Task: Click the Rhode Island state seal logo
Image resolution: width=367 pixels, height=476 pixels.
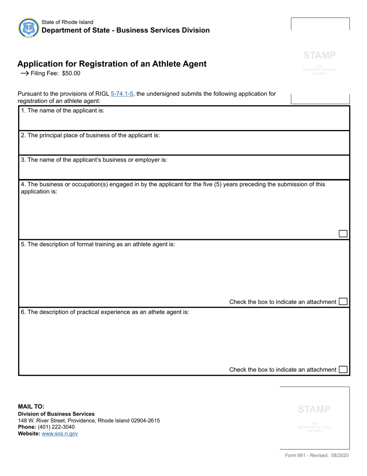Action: click(29, 28)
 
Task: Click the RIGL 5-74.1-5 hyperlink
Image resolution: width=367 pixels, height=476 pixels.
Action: click(122, 94)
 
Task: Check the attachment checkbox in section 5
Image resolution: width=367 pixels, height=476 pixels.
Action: click(343, 301)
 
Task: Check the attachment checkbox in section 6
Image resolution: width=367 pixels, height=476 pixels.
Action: click(343, 370)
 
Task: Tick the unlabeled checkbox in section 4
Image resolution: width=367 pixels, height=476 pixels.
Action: click(343, 233)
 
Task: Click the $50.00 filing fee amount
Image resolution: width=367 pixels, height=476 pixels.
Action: click(71, 73)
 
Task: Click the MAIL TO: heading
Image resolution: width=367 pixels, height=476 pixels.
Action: click(31, 406)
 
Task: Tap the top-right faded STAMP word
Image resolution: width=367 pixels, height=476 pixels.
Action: click(319, 55)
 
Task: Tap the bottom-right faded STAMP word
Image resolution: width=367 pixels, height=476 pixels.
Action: click(314, 409)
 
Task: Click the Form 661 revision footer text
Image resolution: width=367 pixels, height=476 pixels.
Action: click(317, 455)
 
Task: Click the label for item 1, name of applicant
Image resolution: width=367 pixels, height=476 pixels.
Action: click(63, 110)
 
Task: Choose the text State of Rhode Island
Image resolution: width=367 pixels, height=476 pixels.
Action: click(67, 22)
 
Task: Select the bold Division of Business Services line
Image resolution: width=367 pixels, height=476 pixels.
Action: click(56, 414)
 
